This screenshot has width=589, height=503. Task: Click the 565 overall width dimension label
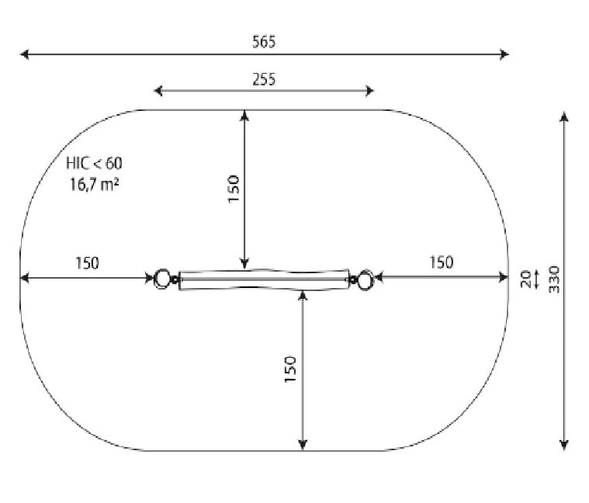pos(264,42)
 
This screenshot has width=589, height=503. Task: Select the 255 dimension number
pos(264,79)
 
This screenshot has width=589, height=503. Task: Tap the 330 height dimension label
pos(553,279)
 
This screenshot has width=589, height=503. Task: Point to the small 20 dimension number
pos(526,279)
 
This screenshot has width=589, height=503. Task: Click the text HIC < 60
pos(94,164)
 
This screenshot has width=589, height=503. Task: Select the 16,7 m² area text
pos(94,184)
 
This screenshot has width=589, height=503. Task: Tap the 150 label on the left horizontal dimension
pos(87,263)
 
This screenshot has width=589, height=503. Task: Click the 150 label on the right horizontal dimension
pos(442,262)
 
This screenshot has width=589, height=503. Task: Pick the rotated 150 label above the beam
pos(234,189)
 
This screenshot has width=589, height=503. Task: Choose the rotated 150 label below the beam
pos(290,369)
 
